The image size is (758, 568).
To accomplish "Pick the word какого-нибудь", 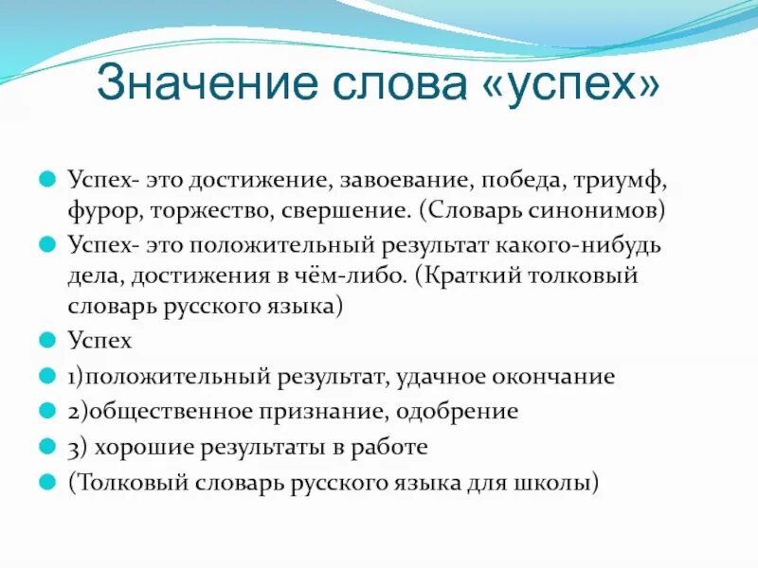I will pos(583,244).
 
